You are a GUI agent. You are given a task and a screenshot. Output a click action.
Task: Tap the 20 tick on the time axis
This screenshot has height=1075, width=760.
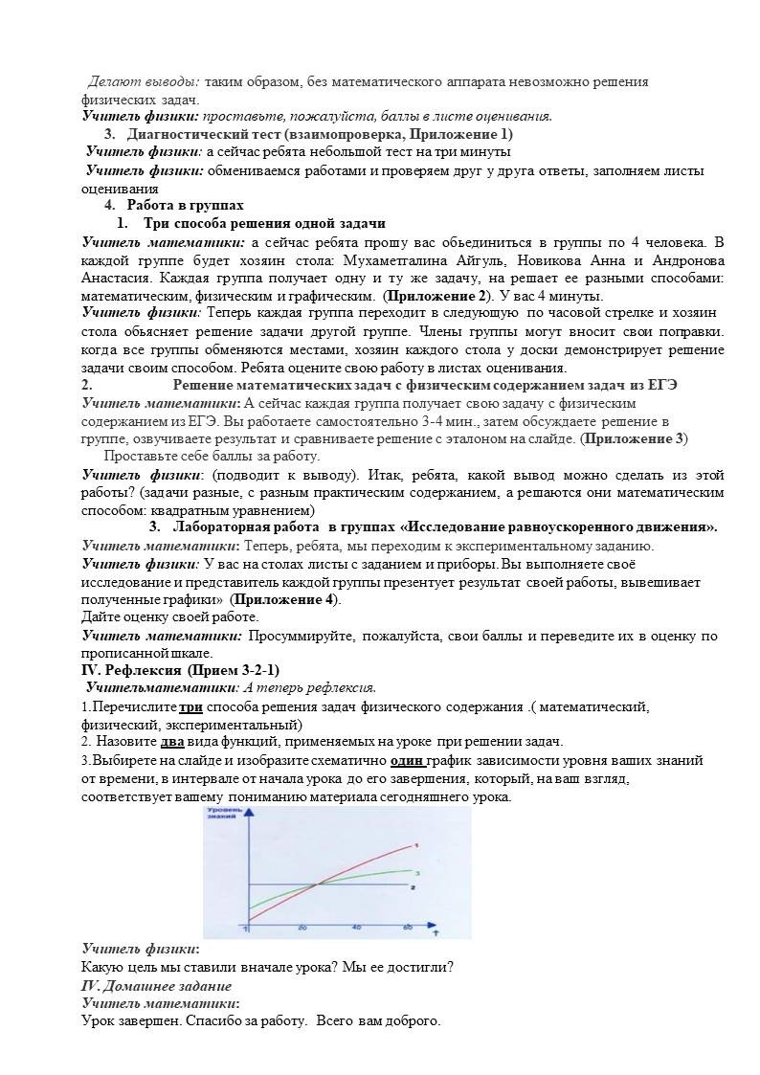point(302,929)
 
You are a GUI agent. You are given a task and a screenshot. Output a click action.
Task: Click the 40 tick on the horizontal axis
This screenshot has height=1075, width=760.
point(356,929)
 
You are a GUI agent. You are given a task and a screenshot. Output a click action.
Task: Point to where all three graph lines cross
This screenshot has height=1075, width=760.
point(316,886)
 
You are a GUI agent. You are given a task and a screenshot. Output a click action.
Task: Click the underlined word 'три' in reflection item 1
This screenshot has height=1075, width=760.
point(191,706)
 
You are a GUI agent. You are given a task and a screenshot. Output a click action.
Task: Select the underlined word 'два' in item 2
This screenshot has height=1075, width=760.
point(172,741)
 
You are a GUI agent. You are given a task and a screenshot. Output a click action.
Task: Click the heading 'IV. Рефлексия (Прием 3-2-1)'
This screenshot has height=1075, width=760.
point(181,668)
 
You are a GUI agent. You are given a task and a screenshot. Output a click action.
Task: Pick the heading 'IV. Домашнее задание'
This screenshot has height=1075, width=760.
point(156,985)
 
